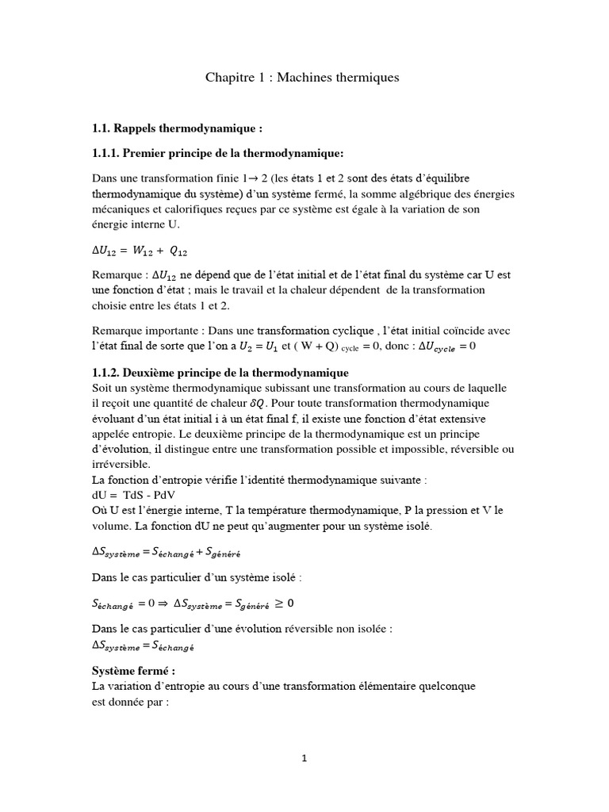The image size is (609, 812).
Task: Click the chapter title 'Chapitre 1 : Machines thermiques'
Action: (303, 78)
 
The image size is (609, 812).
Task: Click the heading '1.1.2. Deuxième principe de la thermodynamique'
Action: (220, 372)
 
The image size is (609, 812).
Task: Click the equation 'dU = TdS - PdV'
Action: (134, 494)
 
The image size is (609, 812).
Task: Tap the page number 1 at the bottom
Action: (304, 758)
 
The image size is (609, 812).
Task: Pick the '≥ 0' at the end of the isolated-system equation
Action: (289, 603)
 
